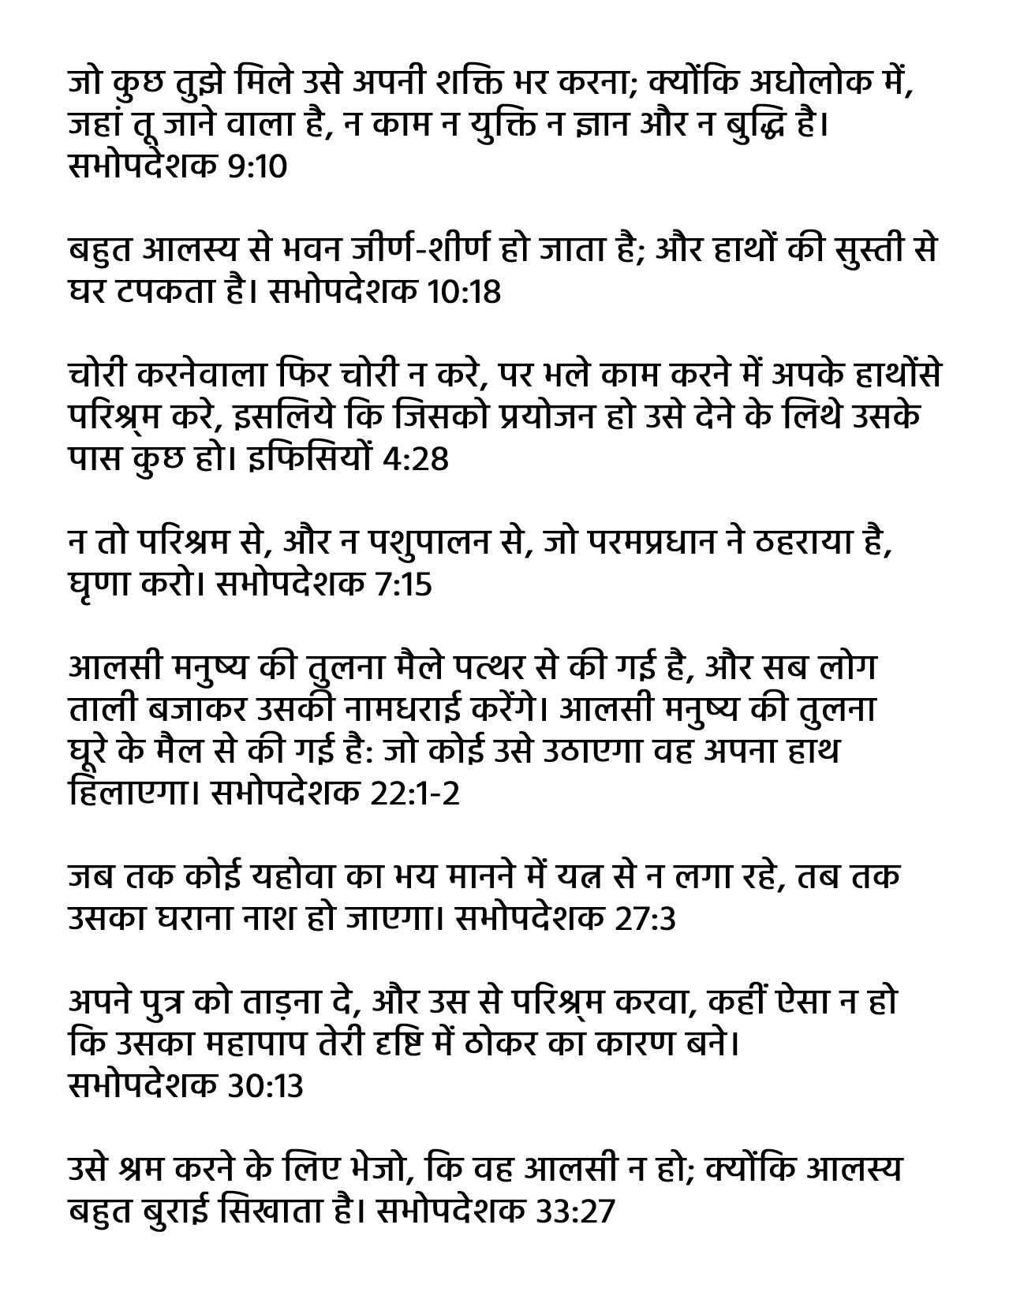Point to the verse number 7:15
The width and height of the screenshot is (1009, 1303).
point(401,584)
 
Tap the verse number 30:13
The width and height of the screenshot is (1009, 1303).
point(265,1086)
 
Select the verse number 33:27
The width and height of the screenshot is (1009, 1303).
point(575,1211)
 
